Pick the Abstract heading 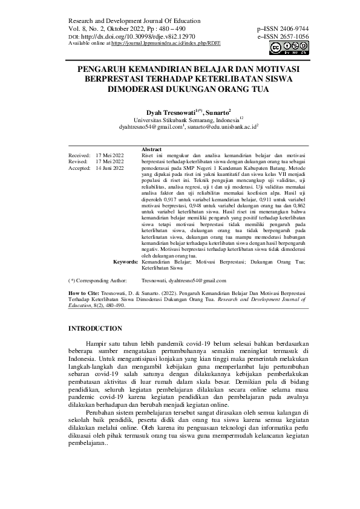tap(151, 149)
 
